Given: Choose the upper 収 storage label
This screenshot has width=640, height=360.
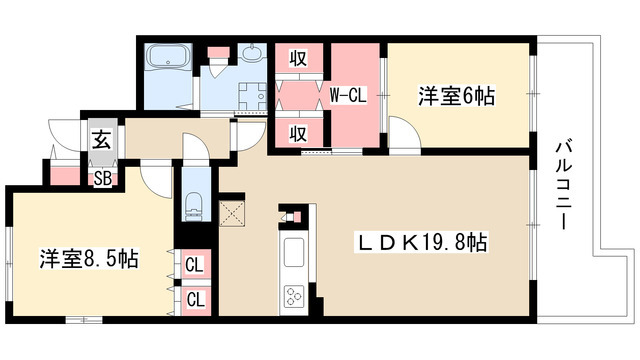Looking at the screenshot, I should pyautogui.click(x=298, y=58).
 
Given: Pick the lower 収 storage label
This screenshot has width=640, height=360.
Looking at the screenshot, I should pyautogui.click(x=298, y=133).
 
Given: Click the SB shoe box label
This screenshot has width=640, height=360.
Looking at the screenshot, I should pyautogui.click(x=102, y=179).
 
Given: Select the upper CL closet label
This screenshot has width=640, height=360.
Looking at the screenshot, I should pyautogui.click(x=195, y=265).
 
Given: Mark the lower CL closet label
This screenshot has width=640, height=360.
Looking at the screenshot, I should pyautogui.click(x=195, y=298).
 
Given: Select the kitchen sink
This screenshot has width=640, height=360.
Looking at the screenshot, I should pyautogui.click(x=296, y=254).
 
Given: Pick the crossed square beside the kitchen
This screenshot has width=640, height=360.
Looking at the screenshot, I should pyautogui.click(x=232, y=212).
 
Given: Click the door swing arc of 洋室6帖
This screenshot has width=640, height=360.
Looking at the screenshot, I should pyautogui.click(x=402, y=134).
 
